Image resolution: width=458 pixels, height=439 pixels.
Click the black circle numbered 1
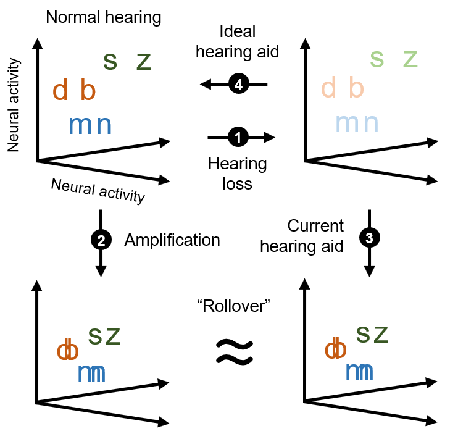point(238,138)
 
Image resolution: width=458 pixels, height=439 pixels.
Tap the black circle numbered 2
point(100,240)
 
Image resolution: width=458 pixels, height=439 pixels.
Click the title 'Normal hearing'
point(104,17)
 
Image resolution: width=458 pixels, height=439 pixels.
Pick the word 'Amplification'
point(172,240)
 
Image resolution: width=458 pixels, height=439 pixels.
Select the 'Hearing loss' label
point(238,174)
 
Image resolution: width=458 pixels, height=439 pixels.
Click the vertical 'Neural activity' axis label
point(15,106)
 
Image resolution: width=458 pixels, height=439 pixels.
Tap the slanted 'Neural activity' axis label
point(98,190)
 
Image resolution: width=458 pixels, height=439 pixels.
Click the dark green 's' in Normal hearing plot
point(110,60)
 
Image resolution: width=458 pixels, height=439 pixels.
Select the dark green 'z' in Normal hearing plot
point(143,61)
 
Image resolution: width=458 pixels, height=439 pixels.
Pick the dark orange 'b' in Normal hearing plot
point(89,90)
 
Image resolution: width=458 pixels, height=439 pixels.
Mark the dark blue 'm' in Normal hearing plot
point(80,125)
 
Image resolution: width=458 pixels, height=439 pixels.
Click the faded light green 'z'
point(410,59)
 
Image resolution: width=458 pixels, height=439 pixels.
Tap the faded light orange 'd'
point(328,88)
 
